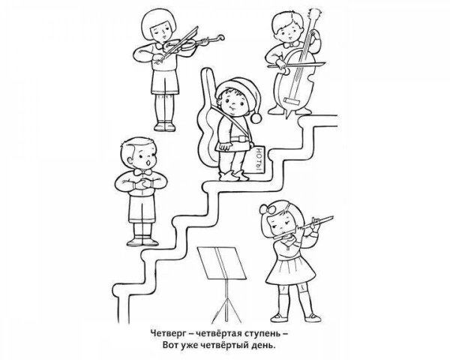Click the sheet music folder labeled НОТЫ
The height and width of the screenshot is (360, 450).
coord(256,160)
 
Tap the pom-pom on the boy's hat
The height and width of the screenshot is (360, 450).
coord(256,118)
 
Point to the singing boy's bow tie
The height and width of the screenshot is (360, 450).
coord(143,172)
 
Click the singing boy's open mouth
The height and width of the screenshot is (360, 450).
coord(148,163)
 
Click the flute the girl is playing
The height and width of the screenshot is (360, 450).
coord(303,227)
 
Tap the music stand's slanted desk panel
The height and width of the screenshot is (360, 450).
coord(221,262)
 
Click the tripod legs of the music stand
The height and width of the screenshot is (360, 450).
coord(226,308)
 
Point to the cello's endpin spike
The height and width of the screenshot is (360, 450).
coord(288,113)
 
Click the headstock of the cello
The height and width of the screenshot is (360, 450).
coord(313,14)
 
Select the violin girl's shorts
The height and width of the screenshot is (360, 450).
coord(165,82)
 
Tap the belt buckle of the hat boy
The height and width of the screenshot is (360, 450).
coord(240,139)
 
